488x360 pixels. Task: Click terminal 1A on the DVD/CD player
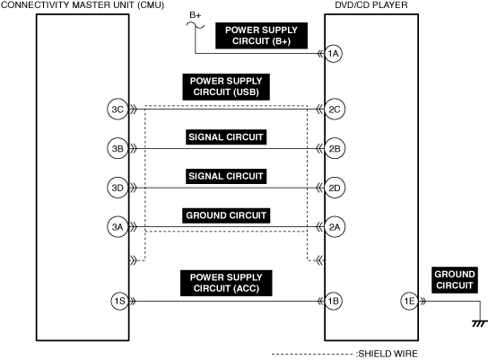click(x=334, y=54)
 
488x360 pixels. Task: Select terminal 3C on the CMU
click(x=118, y=110)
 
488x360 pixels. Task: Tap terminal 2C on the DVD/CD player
click(x=335, y=110)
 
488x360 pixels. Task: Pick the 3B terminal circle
click(x=118, y=148)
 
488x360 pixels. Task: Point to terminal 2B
click(x=335, y=148)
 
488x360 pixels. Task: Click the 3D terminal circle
click(x=118, y=188)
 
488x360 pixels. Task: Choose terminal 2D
click(x=335, y=188)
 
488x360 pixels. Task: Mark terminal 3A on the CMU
click(x=118, y=227)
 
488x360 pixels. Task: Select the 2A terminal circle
click(x=335, y=227)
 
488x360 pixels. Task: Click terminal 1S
click(x=120, y=301)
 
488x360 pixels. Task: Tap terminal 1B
click(x=334, y=301)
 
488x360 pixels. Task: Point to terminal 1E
click(x=409, y=301)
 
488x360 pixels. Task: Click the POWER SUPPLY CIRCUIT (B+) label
click(x=261, y=36)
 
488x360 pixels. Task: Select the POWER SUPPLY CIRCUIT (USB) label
click(x=226, y=87)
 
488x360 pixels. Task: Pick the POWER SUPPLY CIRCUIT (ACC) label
click(x=226, y=283)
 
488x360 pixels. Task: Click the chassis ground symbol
click(x=480, y=323)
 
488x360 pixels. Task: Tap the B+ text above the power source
click(x=196, y=15)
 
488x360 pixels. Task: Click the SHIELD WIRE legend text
click(x=388, y=354)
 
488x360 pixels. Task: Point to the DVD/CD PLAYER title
click(x=371, y=4)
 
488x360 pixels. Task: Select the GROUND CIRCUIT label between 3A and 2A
click(x=226, y=215)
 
